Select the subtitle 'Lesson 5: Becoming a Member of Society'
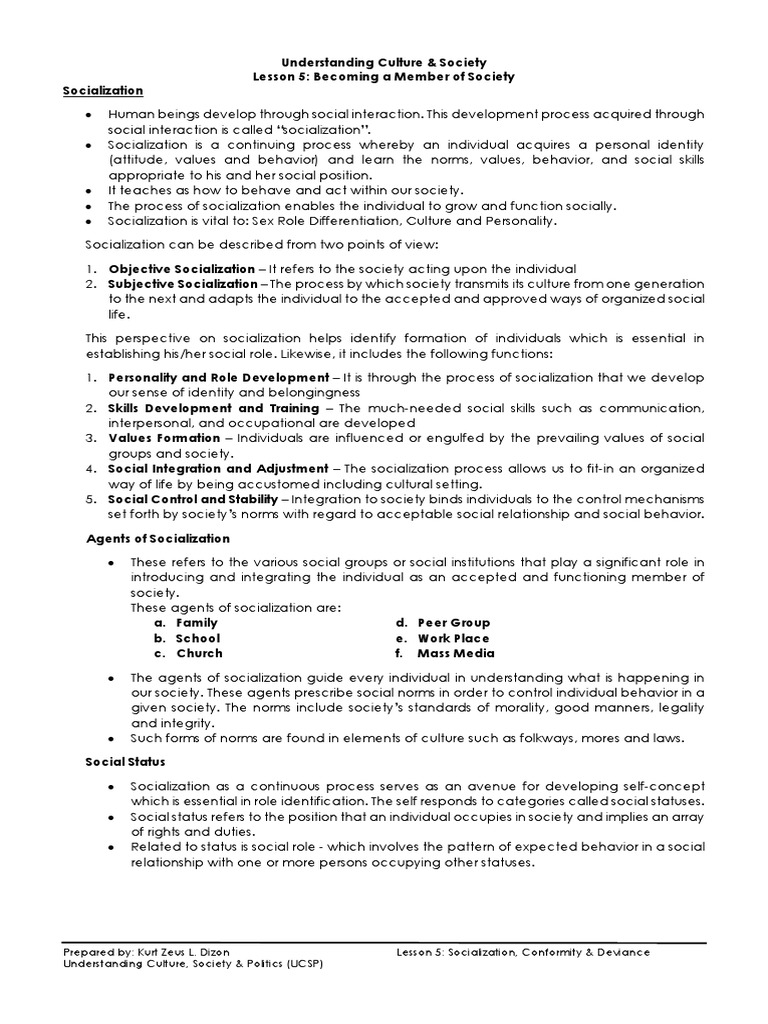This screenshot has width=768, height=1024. point(384,77)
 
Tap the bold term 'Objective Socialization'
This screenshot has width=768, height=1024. point(181,269)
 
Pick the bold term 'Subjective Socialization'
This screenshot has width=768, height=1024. point(184,284)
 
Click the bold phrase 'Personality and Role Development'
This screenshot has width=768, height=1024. point(218,377)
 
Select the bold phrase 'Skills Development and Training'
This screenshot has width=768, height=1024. point(213,408)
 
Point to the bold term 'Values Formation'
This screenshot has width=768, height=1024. point(164,438)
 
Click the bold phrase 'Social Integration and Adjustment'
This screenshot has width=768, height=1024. point(218,468)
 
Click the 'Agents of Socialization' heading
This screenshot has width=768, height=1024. point(149,538)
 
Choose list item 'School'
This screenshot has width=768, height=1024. point(197,638)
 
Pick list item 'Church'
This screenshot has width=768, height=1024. point(199,654)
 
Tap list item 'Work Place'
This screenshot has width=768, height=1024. point(453,638)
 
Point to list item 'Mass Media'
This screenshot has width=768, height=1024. point(455,654)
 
